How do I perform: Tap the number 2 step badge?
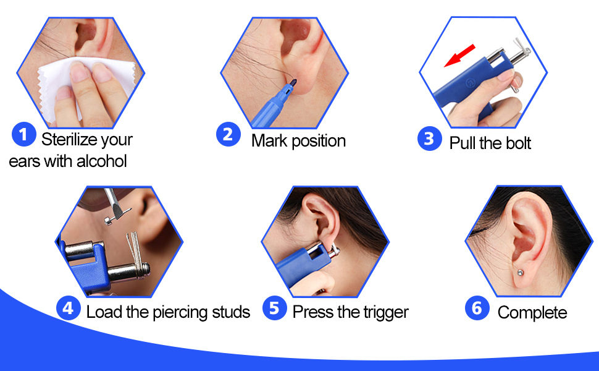point(227,134)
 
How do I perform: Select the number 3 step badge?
point(429,139)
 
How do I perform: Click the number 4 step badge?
point(69,308)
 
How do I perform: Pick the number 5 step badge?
point(274,308)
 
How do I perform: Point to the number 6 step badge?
point(476,308)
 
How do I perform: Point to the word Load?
point(103,312)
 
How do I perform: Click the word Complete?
point(532,313)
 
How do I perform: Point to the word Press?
point(312,312)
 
